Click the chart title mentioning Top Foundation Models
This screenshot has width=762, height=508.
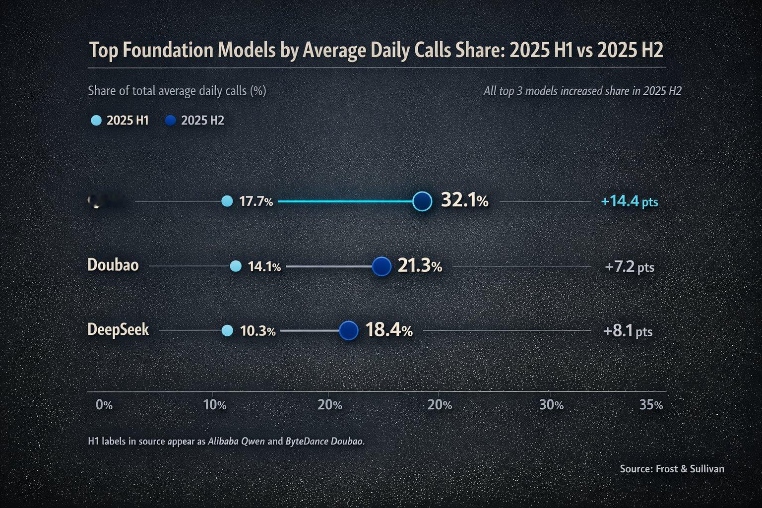pyautogui.click(x=376, y=51)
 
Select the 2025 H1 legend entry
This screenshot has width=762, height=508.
pyautogui.click(x=120, y=121)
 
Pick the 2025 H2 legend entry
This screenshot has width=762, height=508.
pyautogui.click(x=195, y=121)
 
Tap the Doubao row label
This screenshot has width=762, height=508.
pyautogui.click(x=113, y=265)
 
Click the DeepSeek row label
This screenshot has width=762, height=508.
pyautogui.click(x=118, y=330)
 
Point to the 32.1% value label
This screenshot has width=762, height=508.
pyautogui.click(x=464, y=201)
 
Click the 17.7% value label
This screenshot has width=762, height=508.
pyautogui.click(x=256, y=201)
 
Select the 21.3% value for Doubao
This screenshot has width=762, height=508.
pyautogui.click(x=420, y=266)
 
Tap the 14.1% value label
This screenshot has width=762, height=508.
pyautogui.click(x=264, y=267)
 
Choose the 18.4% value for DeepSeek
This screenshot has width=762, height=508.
pyautogui.click(x=389, y=330)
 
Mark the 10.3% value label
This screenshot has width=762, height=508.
pyautogui.click(x=257, y=331)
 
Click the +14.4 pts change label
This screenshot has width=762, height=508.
pyautogui.click(x=629, y=202)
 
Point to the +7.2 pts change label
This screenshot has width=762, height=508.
pyautogui.click(x=629, y=267)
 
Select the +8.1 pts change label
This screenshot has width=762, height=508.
pyautogui.click(x=628, y=331)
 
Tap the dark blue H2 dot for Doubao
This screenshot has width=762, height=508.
pyautogui.click(x=381, y=266)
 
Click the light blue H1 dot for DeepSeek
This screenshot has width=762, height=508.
pyautogui.click(x=227, y=331)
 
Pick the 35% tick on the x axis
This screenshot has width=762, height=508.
pyautogui.click(x=651, y=405)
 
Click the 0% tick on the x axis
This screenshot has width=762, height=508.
pyautogui.click(x=104, y=405)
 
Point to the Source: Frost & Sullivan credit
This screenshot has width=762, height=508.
pyautogui.click(x=672, y=469)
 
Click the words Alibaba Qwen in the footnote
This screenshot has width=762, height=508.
pyautogui.click(x=236, y=441)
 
